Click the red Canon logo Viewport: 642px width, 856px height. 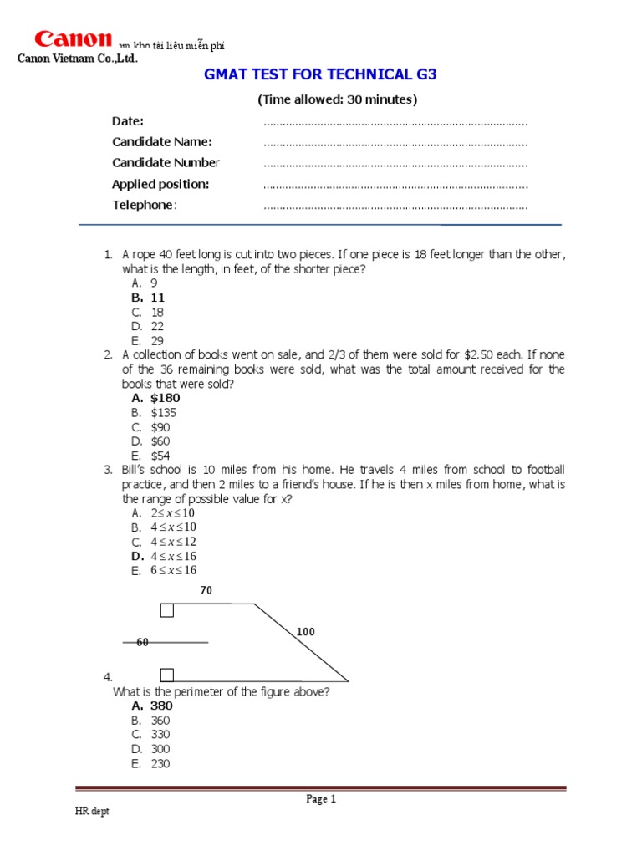(72, 39)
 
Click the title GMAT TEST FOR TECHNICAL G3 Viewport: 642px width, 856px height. (321, 75)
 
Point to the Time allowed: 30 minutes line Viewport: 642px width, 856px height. (337, 99)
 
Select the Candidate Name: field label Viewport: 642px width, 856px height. (162, 142)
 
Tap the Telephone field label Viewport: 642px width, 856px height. (145, 206)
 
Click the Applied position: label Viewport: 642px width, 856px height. (160, 184)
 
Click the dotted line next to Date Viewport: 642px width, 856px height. (395, 122)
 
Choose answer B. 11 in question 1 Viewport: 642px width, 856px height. (148, 298)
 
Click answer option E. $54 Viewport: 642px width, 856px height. (150, 456)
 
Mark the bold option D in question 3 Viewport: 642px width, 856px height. (164, 556)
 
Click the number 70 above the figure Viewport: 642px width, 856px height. (206, 590)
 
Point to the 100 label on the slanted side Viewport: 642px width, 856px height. (306, 632)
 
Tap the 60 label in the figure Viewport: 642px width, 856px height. (142, 642)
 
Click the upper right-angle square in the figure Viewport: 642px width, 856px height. (167, 610)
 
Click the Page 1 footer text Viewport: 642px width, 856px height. (321, 799)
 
